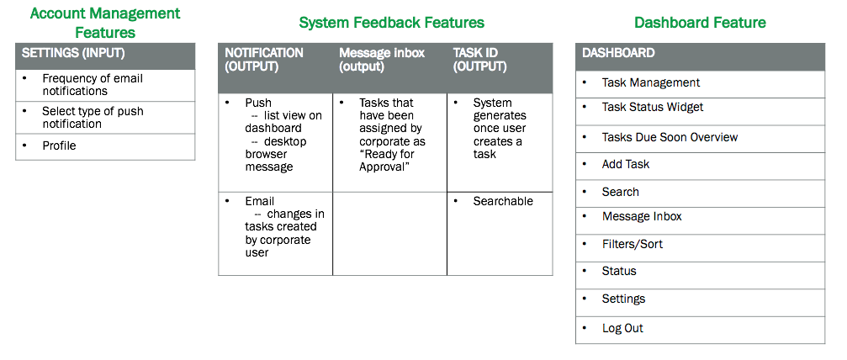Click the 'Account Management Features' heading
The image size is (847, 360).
click(x=105, y=23)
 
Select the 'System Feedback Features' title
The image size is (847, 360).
click(x=392, y=22)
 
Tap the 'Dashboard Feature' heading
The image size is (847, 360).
click(x=700, y=22)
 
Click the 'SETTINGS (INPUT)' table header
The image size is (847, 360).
click(x=73, y=53)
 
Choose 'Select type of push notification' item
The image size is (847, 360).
click(x=93, y=117)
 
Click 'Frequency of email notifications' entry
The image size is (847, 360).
click(x=93, y=85)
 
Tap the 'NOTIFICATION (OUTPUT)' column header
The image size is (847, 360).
click(x=264, y=60)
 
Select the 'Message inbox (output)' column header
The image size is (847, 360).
click(x=382, y=60)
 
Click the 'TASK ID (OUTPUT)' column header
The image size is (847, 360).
click(x=479, y=60)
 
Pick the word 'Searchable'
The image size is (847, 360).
click(x=503, y=201)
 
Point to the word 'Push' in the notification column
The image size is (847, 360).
click(x=258, y=103)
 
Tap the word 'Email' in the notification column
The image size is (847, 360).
click(x=260, y=201)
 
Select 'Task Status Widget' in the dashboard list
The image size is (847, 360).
click(x=653, y=107)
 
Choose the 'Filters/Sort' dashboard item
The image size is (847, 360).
click(x=633, y=244)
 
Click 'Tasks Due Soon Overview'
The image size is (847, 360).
click(x=670, y=137)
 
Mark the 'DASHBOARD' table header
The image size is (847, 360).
click(x=618, y=53)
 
